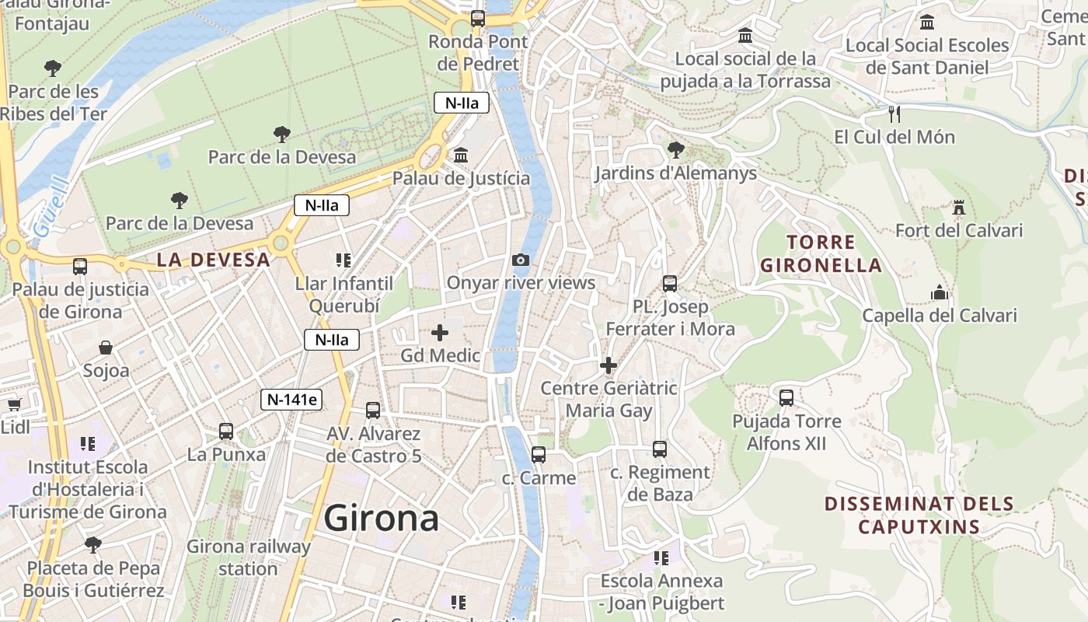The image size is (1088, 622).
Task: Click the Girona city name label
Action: (381, 518)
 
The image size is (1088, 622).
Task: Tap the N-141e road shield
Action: (291, 400)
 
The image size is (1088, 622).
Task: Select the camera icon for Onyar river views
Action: (521, 260)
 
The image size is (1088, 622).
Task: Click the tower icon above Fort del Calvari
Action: (958, 208)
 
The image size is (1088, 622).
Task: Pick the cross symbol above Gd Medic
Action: (440, 334)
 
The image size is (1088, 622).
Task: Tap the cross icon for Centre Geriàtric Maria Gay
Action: (609, 365)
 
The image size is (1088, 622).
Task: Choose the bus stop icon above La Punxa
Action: (226, 431)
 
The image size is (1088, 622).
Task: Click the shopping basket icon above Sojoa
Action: (106, 348)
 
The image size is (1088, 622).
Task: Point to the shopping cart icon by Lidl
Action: (14, 404)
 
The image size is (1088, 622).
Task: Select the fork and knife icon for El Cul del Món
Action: (894, 114)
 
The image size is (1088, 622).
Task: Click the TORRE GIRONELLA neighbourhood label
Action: (821, 253)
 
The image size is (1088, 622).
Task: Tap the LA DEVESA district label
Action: (213, 260)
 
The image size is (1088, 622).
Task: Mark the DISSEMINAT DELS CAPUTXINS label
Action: (919, 515)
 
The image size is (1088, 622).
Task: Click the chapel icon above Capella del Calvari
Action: (940, 293)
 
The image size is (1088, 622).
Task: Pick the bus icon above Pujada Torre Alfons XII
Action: (786, 398)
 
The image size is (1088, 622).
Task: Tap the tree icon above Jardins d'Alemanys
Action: (675, 149)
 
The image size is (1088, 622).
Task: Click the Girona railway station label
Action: (248, 557)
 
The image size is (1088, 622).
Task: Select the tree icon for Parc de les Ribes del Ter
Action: (53, 68)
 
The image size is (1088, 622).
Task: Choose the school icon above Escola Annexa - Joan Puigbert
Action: (661, 558)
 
